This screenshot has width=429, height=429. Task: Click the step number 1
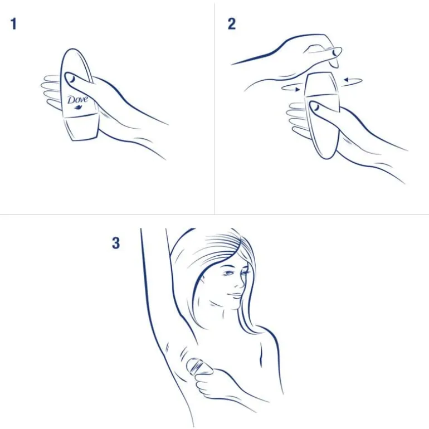pos(13,24)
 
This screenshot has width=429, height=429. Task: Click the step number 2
pos(231,24)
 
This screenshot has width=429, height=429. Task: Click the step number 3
pos(116,243)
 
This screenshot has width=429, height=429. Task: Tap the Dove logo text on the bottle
pos(77,100)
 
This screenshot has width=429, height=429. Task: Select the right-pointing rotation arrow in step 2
pos(291,88)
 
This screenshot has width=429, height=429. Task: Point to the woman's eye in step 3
pos(230,273)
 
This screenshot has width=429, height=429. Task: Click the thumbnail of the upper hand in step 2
pos(336,52)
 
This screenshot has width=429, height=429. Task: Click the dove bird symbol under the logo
pos(79,107)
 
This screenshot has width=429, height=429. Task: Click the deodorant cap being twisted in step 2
pos(321,84)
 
